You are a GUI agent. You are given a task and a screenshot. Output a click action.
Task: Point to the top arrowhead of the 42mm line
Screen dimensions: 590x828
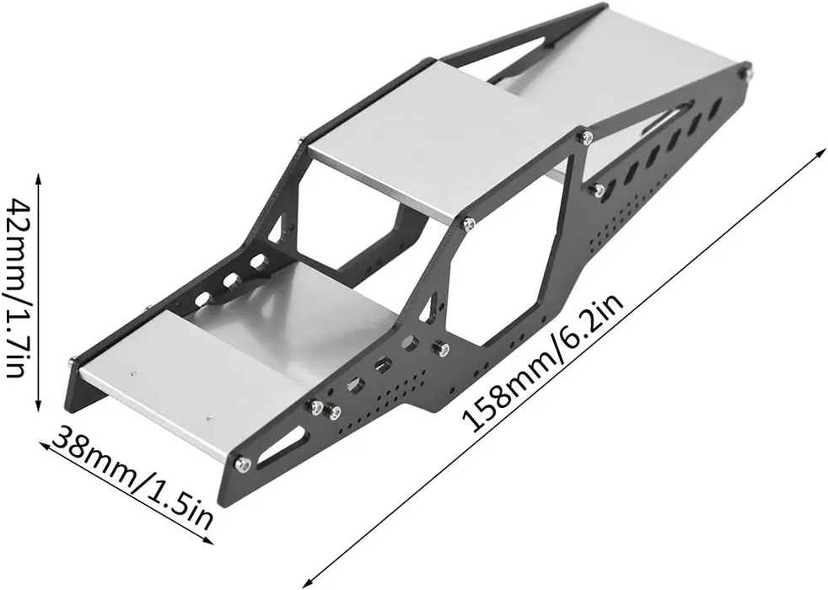(x=38, y=176)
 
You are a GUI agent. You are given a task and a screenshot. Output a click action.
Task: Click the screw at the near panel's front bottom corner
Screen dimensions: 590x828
(x=242, y=463)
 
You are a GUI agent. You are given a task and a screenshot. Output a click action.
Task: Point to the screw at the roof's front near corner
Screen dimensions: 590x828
(x=468, y=223)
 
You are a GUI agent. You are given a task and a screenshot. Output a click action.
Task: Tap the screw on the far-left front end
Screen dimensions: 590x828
(x=72, y=362)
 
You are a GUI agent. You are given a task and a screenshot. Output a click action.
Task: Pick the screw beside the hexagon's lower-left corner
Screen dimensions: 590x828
(x=440, y=347)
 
